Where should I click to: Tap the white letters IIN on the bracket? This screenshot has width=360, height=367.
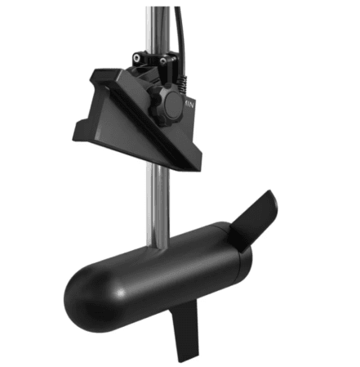(x=189, y=105)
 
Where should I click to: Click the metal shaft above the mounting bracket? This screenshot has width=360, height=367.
(x=156, y=25)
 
